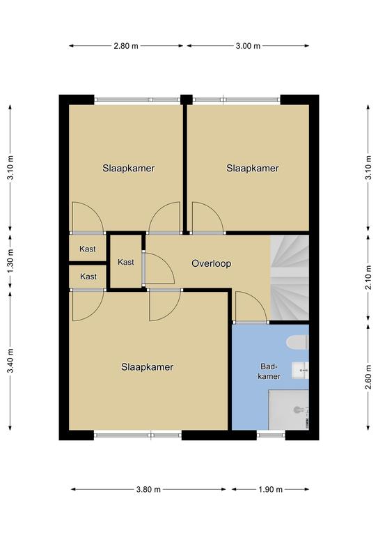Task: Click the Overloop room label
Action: pos(212,264)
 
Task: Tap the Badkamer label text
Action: pos(269,371)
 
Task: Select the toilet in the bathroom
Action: pos(297,343)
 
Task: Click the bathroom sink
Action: pos(300,371)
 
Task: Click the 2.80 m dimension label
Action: pos(126,46)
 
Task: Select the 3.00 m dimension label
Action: pos(248,46)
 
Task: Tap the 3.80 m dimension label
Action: pos(148,489)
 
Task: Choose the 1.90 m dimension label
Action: pos(270,489)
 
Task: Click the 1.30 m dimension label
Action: pos(11,261)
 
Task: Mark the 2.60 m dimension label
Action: pos(368,377)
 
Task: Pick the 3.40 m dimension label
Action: pos(11,360)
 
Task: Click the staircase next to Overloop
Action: pos(290,277)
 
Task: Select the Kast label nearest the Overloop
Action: pos(126,262)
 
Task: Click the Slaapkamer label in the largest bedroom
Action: pos(148,367)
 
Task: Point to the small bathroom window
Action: pos(271,435)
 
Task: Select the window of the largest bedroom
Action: pos(138,435)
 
